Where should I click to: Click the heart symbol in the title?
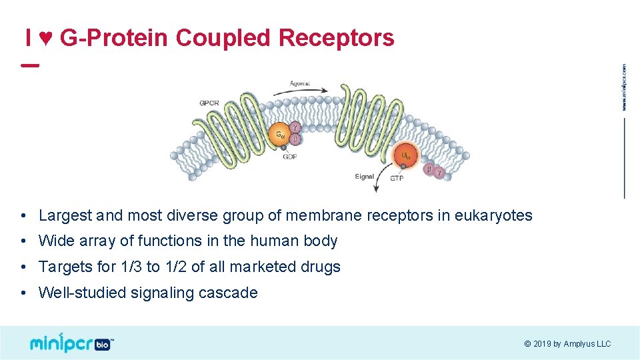[45, 39]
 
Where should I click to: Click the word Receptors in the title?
[337, 38]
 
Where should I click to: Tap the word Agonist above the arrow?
[299, 84]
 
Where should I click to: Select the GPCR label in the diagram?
[209, 103]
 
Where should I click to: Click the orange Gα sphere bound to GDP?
[279, 135]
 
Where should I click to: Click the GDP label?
[290, 157]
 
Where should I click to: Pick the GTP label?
[397, 178]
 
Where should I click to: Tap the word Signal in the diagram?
[364, 177]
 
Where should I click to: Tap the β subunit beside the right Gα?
[429, 169]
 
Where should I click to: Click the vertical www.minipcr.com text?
[625, 87]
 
